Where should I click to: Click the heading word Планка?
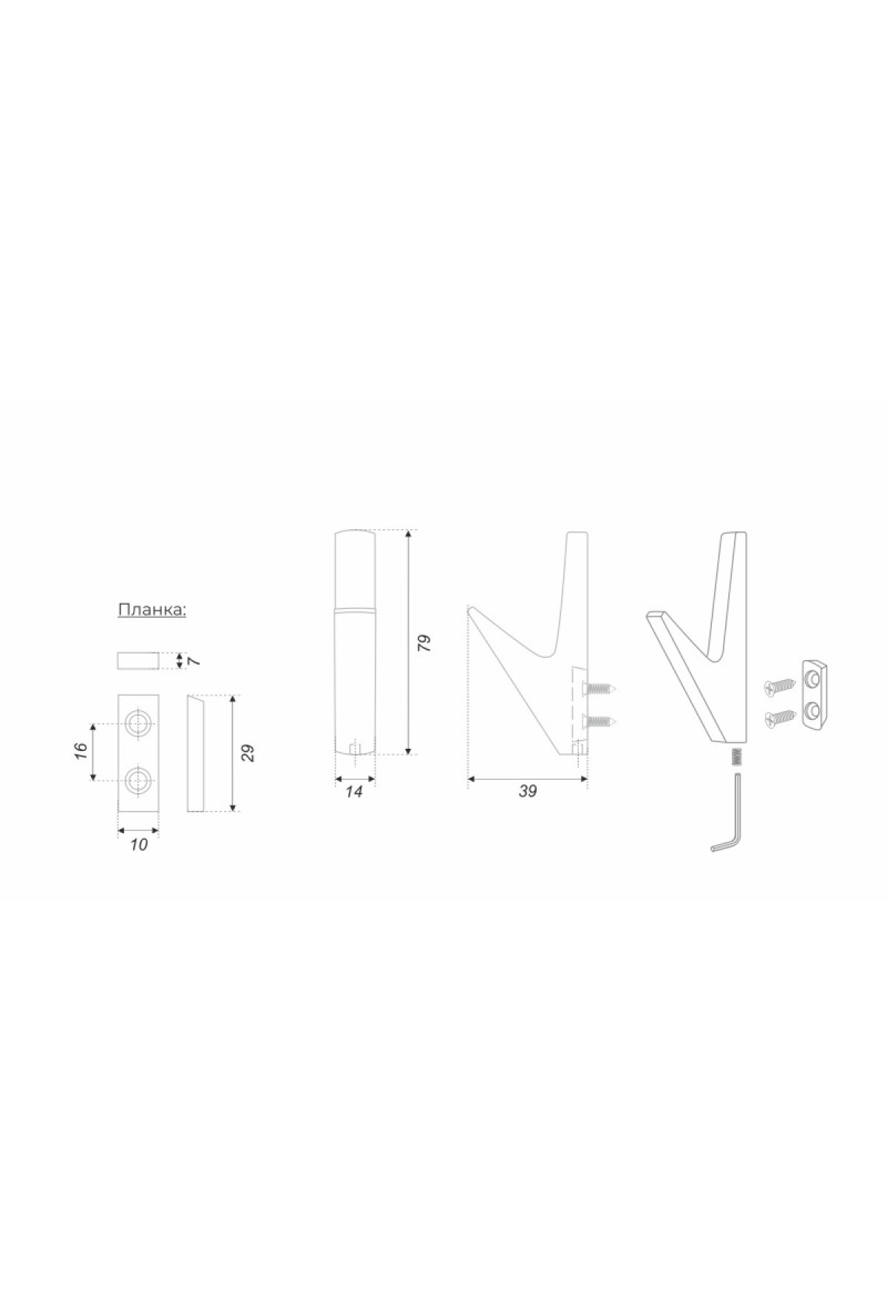tap(152, 611)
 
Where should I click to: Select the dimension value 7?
tap(194, 660)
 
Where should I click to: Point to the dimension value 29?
tap(248, 753)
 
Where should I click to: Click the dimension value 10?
tap(139, 844)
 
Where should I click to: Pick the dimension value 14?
tap(354, 791)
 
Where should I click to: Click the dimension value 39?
tap(527, 791)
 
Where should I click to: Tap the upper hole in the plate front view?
tap(138, 723)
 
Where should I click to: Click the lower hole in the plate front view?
tap(138, 779)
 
